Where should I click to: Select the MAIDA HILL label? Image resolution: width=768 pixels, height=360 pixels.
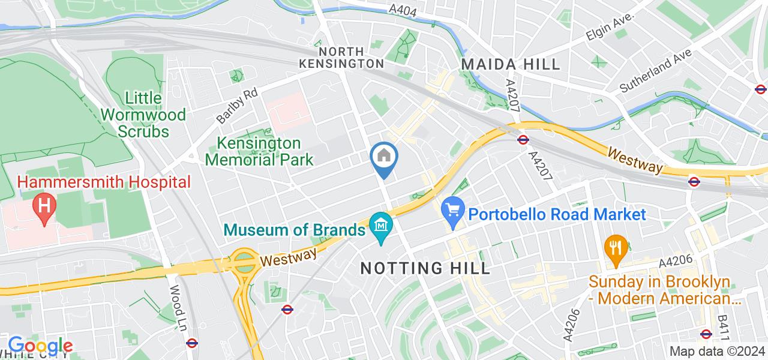[x=510, y=64]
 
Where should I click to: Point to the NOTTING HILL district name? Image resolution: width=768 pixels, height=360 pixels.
[x=425, y=268]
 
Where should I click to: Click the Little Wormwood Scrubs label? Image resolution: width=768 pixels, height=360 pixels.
[x=143, y=114]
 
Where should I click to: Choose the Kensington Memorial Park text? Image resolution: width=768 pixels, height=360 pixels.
[x=265, y=152]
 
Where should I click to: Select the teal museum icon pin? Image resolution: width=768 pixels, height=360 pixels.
[x=382, y=227]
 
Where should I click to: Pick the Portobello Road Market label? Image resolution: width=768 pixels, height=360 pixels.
[x=557, y=214]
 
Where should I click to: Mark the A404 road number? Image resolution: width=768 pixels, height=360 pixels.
[x=401, y=10]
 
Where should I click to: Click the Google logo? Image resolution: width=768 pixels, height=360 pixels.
[x=40, y=346]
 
